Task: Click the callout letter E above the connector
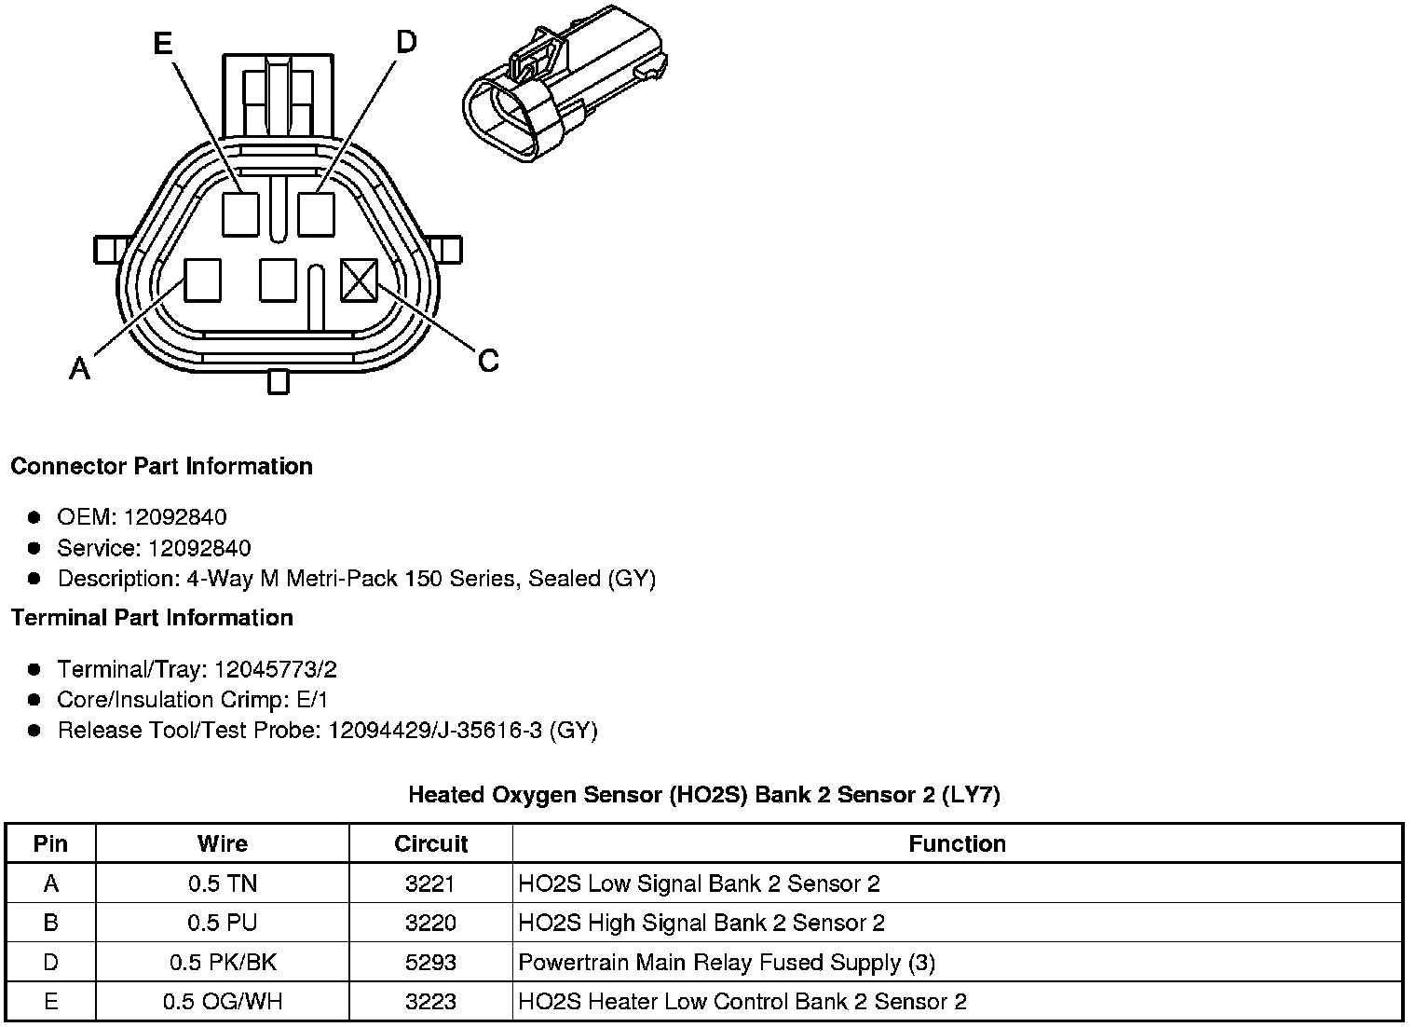(163, 43)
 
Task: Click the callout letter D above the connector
(406, 42)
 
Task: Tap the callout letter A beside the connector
(80, 370)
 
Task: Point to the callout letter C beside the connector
(488, 361)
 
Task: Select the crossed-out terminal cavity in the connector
(359, 281)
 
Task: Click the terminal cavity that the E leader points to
(240, 213)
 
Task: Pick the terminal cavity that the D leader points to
(316, 213)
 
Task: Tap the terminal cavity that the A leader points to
(202, 281)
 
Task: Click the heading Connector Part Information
(161, 466)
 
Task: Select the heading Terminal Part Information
(152, 618)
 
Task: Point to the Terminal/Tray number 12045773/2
(276, 669)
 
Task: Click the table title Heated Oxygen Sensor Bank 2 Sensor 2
(704, 795)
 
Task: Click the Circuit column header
(430, 844)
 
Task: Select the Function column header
(957, 844)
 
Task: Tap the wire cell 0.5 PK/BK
(223, 963)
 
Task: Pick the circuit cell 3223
(430, 1002)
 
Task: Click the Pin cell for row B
(50, 923)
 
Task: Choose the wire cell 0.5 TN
(223, 883)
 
